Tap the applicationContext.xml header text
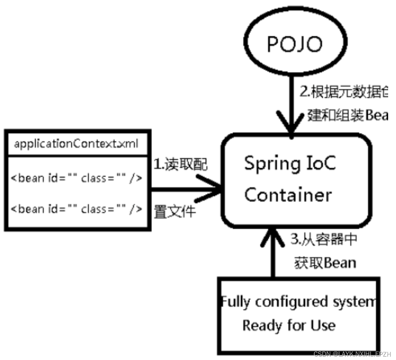[x=76, y=144]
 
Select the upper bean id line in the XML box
[x=76, y=178]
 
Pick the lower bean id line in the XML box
[x=76, y=208]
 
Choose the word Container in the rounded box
[x=288, y=195]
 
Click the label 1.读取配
[x=180, y=165]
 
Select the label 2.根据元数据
[x=344, y=92]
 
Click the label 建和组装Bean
[x=347, y=116]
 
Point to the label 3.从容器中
[x=324, y=239]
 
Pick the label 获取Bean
[x=325, y=263]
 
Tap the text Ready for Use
[x=289, y=325]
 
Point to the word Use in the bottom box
[x=323, y=325]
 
